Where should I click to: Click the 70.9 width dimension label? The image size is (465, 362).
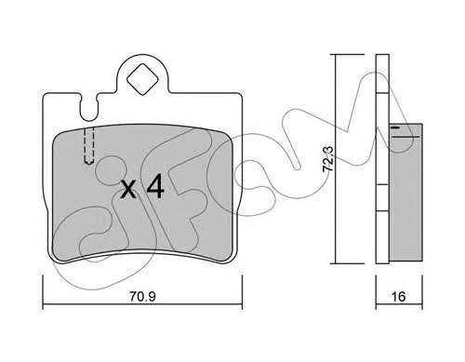[x=142, y=297]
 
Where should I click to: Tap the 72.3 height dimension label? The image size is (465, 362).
[x=328, y=158]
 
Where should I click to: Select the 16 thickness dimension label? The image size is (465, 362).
[x=398, y=297]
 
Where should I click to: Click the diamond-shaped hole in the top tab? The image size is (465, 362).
[x=143, y=79]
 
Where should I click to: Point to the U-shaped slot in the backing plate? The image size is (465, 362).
[x=89, y=107]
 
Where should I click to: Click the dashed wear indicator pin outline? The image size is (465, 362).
[x=89, y=146]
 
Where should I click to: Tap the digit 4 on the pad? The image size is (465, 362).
[x=155, y=186]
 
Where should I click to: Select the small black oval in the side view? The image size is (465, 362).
[x=395, y=127]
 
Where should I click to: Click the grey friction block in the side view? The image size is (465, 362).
[x=405, y=193]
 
